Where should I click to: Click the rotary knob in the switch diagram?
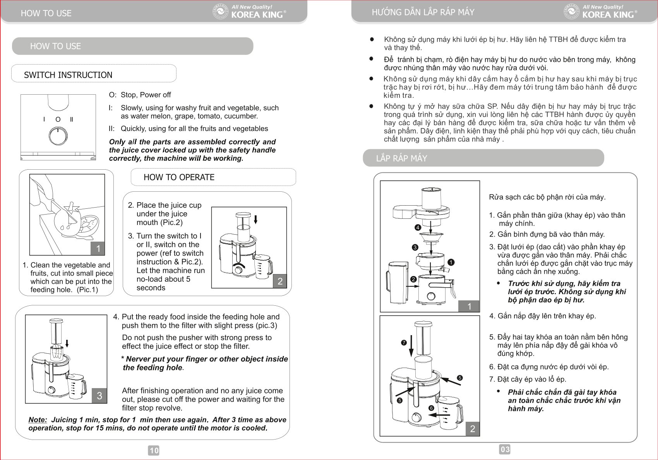[58, 136]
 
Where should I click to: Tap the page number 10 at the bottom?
[154, 450]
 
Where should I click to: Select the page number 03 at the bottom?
[505, 449]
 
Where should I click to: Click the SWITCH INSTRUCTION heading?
[68, 75]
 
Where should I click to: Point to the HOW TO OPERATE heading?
[179, 177]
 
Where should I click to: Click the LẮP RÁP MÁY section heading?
[401, 158]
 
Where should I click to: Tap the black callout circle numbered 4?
[418, 228]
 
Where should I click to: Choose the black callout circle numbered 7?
[404, 342]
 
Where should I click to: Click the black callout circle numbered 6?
[431, 408]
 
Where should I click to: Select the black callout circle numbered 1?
[451, 262]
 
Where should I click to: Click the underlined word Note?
[38, 420]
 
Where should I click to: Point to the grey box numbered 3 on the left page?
[99, 395]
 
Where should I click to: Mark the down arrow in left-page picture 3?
[67, 343]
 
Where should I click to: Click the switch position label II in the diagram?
[71, 119]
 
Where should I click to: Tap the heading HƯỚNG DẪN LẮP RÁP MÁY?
[423, 12]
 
